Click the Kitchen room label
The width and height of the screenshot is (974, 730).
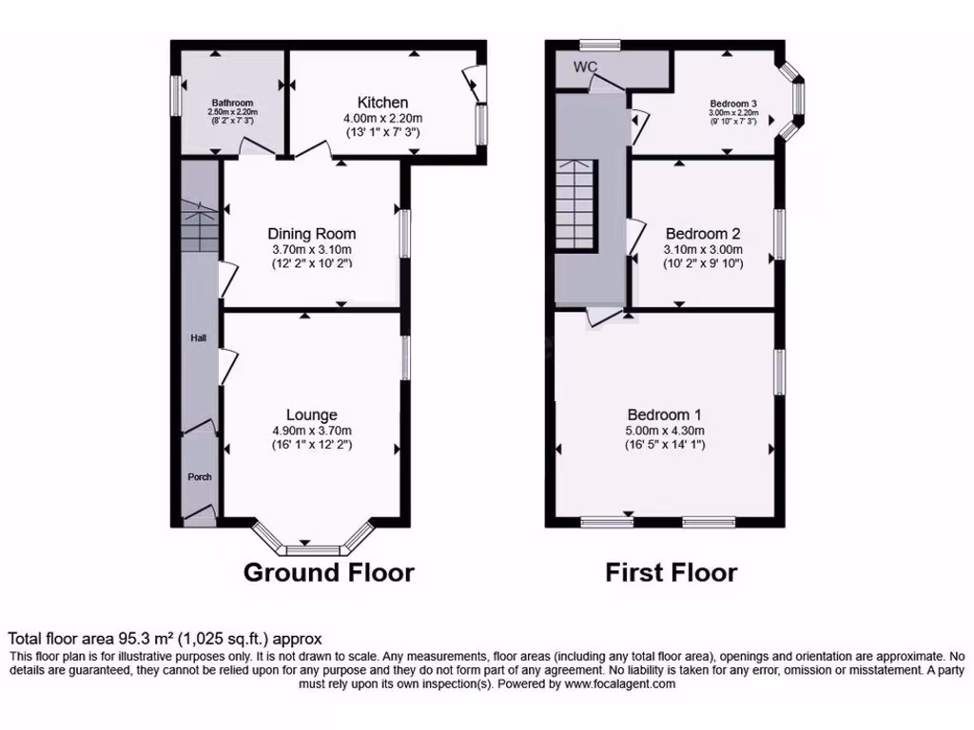[382, 103]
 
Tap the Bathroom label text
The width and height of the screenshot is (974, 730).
[232, 103]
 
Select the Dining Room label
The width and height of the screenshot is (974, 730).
[311, 234]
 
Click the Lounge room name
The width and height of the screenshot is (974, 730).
[311, 415]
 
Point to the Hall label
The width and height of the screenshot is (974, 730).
[198, 337]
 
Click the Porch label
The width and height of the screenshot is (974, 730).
[199, 477]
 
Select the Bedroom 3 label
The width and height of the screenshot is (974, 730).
[732, 104]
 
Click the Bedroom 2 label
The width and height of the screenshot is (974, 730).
[703, 234]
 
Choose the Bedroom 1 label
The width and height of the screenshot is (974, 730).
[665, 415]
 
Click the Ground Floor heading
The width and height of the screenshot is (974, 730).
[328, 572]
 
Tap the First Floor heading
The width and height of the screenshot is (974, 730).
[671, 572]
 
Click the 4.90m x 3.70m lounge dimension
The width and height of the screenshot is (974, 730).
[311, 431]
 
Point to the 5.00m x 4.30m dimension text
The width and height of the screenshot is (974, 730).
[665, 431]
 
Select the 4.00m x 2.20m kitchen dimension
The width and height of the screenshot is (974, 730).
[382, 118]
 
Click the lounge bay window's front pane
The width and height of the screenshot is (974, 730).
[313, 549]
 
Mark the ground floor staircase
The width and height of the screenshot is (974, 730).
[200, 229]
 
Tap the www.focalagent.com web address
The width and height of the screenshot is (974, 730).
[619, 683]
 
